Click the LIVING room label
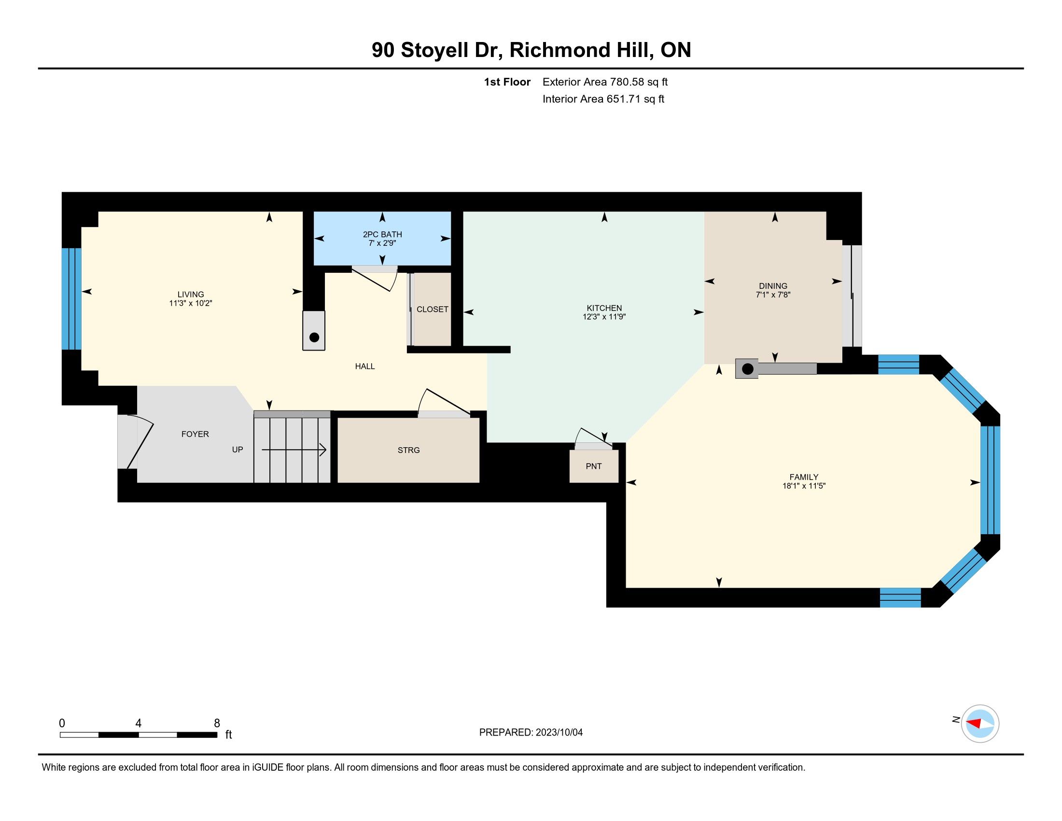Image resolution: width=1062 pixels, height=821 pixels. point(191,294)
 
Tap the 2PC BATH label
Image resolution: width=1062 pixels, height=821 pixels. point(382,234)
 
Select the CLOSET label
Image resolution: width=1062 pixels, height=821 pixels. point(433,310)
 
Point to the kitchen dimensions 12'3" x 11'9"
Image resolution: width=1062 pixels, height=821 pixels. point(604,317)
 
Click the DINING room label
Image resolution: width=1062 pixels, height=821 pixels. point(773,286)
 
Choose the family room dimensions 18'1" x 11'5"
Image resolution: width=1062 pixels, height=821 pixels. point(804,485)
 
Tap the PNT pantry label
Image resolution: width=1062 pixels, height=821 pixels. point(594,466)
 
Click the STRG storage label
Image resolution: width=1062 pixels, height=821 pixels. point(408,450)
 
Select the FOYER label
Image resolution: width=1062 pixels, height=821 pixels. point(195,434)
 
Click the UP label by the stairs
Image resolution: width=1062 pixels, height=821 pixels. point(238,450)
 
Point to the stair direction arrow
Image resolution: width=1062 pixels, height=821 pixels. point(293,450)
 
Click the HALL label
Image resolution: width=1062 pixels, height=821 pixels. point(364,366)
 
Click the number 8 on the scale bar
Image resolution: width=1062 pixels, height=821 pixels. point(217,723)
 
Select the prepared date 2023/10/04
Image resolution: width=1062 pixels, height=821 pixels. point(559,733)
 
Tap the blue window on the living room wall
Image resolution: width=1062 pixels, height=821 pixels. point(71,299)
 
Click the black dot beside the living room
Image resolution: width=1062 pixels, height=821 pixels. point(314,337)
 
